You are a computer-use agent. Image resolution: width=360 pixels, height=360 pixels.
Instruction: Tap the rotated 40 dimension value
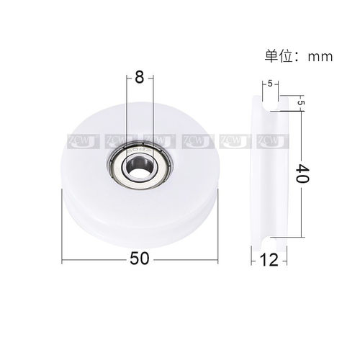point(303,174)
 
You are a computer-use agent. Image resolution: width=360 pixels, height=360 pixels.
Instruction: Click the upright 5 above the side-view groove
point(269,85)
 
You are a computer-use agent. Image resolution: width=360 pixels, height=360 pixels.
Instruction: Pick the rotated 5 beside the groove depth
point(300,104)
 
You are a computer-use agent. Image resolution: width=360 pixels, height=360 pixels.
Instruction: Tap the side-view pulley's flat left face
point(253,173)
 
